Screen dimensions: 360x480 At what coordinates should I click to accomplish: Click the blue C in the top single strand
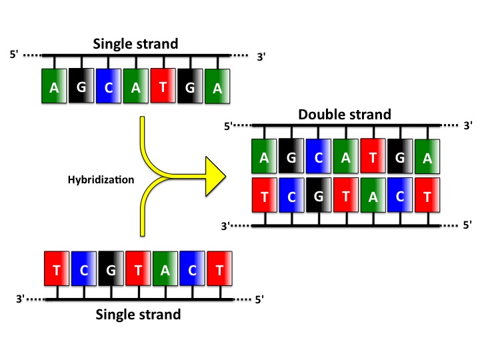coord(109,86)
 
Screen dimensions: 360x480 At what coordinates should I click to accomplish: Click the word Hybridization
coord(101,179)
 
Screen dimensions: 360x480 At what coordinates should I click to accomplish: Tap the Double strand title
coord(345,114)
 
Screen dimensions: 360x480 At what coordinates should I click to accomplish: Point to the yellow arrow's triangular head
coord(211,177)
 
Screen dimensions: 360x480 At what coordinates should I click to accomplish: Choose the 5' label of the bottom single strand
coord(260,300)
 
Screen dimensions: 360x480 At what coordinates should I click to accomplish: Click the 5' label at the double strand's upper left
coord(228,126)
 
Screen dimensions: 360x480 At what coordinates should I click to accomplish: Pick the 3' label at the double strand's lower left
coord(225,226)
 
